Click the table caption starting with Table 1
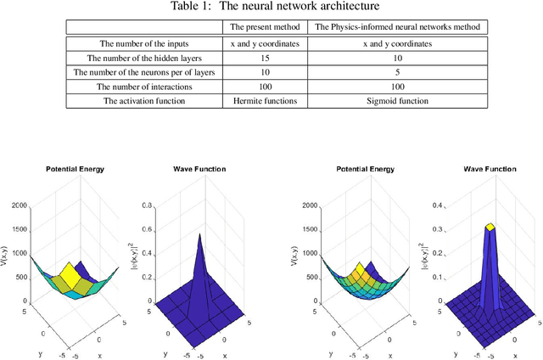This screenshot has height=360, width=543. point(271,8)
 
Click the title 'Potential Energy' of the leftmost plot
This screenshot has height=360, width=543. point(75,169)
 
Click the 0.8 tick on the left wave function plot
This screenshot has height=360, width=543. point(146,206)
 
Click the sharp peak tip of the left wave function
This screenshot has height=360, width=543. point(200,233)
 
